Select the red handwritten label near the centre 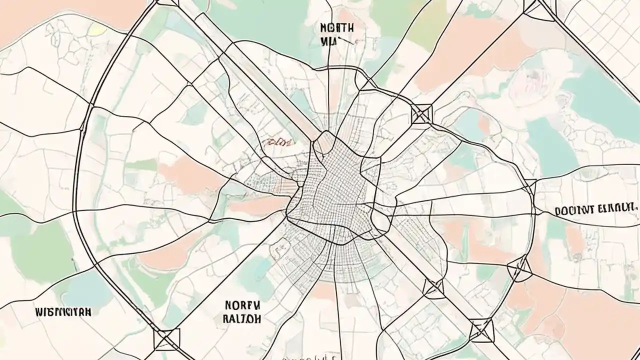pos(278,143)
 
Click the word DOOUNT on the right pos(574,210)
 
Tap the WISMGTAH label pos(63,312)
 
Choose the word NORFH pos(242,304)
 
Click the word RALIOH pos(242,318)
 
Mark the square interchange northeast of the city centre pos(421,113)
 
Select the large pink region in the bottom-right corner pos(590,320)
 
